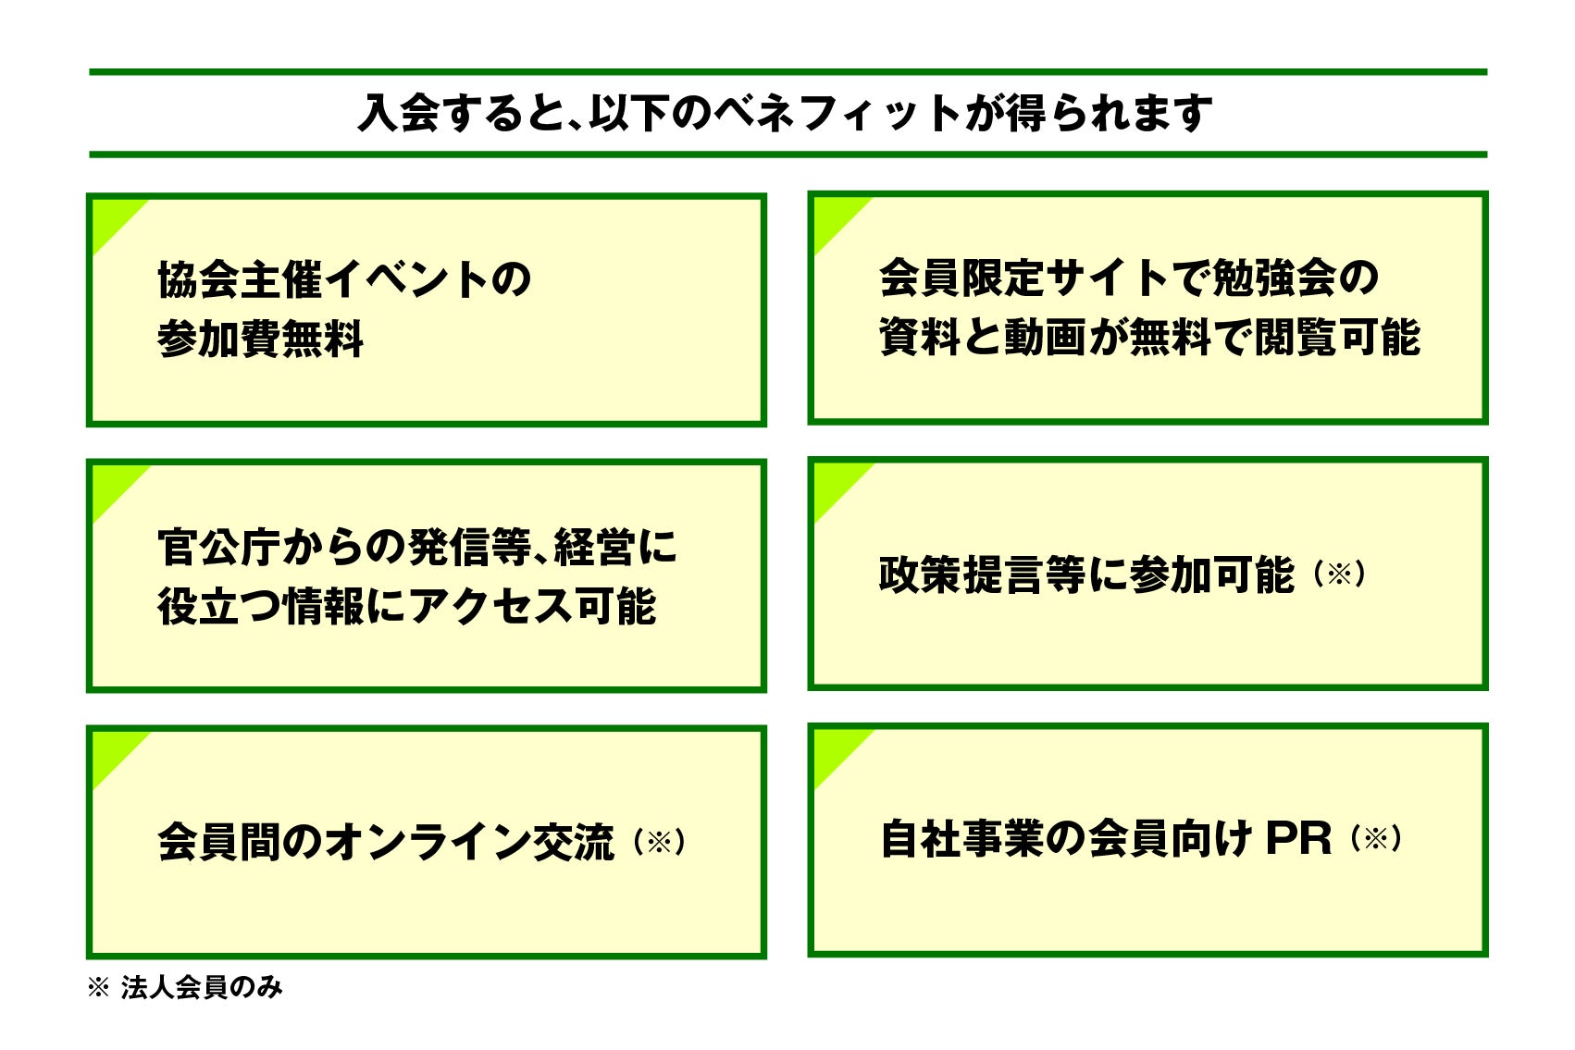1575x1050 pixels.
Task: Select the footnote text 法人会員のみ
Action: click(202, 988)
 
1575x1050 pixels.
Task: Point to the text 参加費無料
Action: click(261, 340)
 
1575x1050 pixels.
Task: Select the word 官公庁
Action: click(218, 548)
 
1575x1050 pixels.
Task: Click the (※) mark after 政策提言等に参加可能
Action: click(1340, 574)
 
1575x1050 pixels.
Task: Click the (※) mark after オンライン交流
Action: click(659, 842)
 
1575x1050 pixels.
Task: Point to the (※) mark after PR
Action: click(1376, 839)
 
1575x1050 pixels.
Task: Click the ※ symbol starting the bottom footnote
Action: click(97, 988)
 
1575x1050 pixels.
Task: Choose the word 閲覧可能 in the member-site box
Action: click(1336, 338)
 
